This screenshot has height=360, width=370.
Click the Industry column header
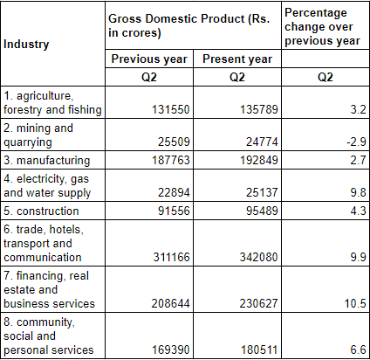coord(26,44)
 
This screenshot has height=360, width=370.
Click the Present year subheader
coord(236,59)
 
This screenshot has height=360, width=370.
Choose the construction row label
coord(43,211)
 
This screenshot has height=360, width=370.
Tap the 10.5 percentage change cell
coord(351,303)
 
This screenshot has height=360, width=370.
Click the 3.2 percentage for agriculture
coord(353,110)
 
